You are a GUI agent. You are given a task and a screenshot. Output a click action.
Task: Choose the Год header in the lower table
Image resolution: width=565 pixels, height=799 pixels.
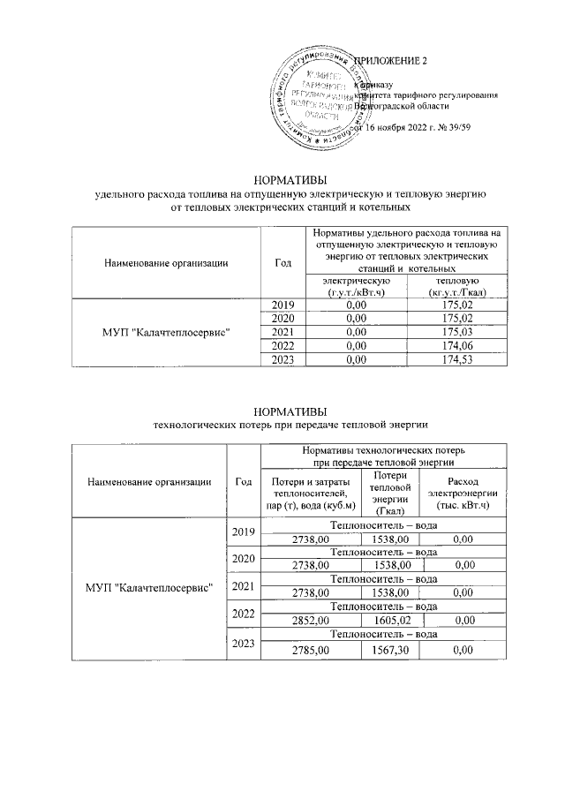point(242,481)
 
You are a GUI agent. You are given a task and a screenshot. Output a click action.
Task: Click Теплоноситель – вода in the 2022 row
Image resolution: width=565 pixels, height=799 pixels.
point(383,607)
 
